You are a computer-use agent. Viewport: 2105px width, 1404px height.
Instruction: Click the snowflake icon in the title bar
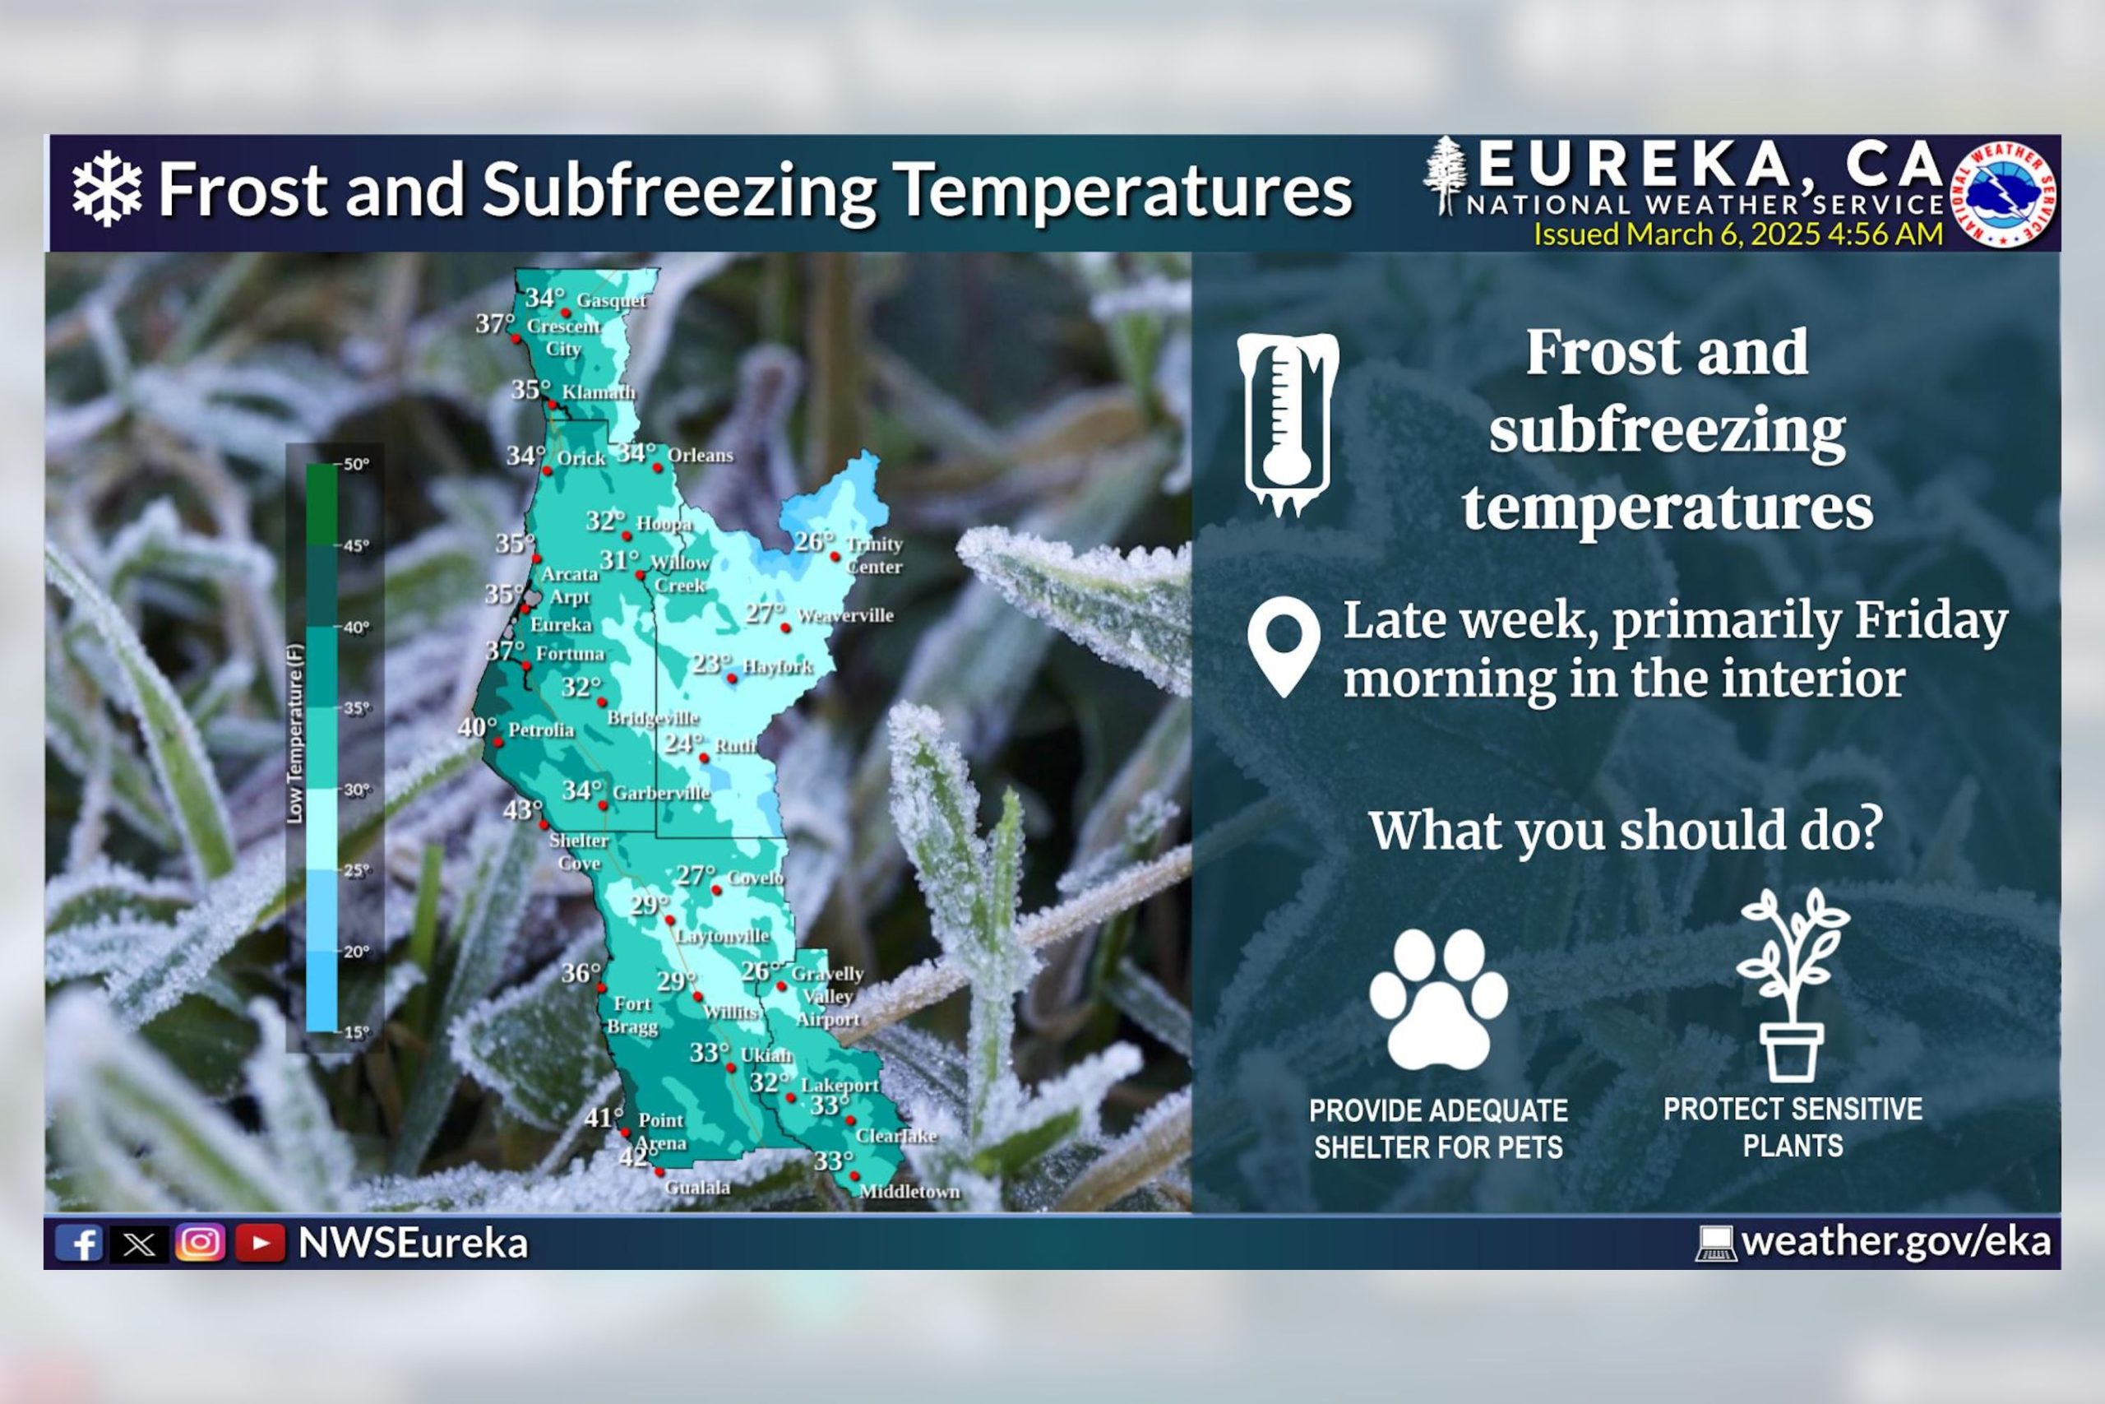coord(107,189)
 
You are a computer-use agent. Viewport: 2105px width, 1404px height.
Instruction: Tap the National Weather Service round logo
coord(2002,193)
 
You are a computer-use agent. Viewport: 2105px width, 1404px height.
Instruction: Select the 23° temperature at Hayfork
coord(710,664)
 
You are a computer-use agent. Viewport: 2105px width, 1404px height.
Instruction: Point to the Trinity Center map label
coord(873,555)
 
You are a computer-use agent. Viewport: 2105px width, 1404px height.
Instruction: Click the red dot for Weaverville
coord(786,628)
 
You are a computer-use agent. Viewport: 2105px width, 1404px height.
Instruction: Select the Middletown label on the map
coord(909,1192)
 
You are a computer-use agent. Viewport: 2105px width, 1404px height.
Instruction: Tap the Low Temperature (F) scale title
coord(295,734)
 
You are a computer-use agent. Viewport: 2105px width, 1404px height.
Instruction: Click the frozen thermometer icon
coord(1287,424)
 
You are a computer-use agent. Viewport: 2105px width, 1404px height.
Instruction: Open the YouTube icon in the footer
coord(260,1243)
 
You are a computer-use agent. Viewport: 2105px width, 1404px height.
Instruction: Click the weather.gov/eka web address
coord(1895,1242)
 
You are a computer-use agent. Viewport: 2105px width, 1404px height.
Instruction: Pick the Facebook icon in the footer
coord(79,1243)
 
